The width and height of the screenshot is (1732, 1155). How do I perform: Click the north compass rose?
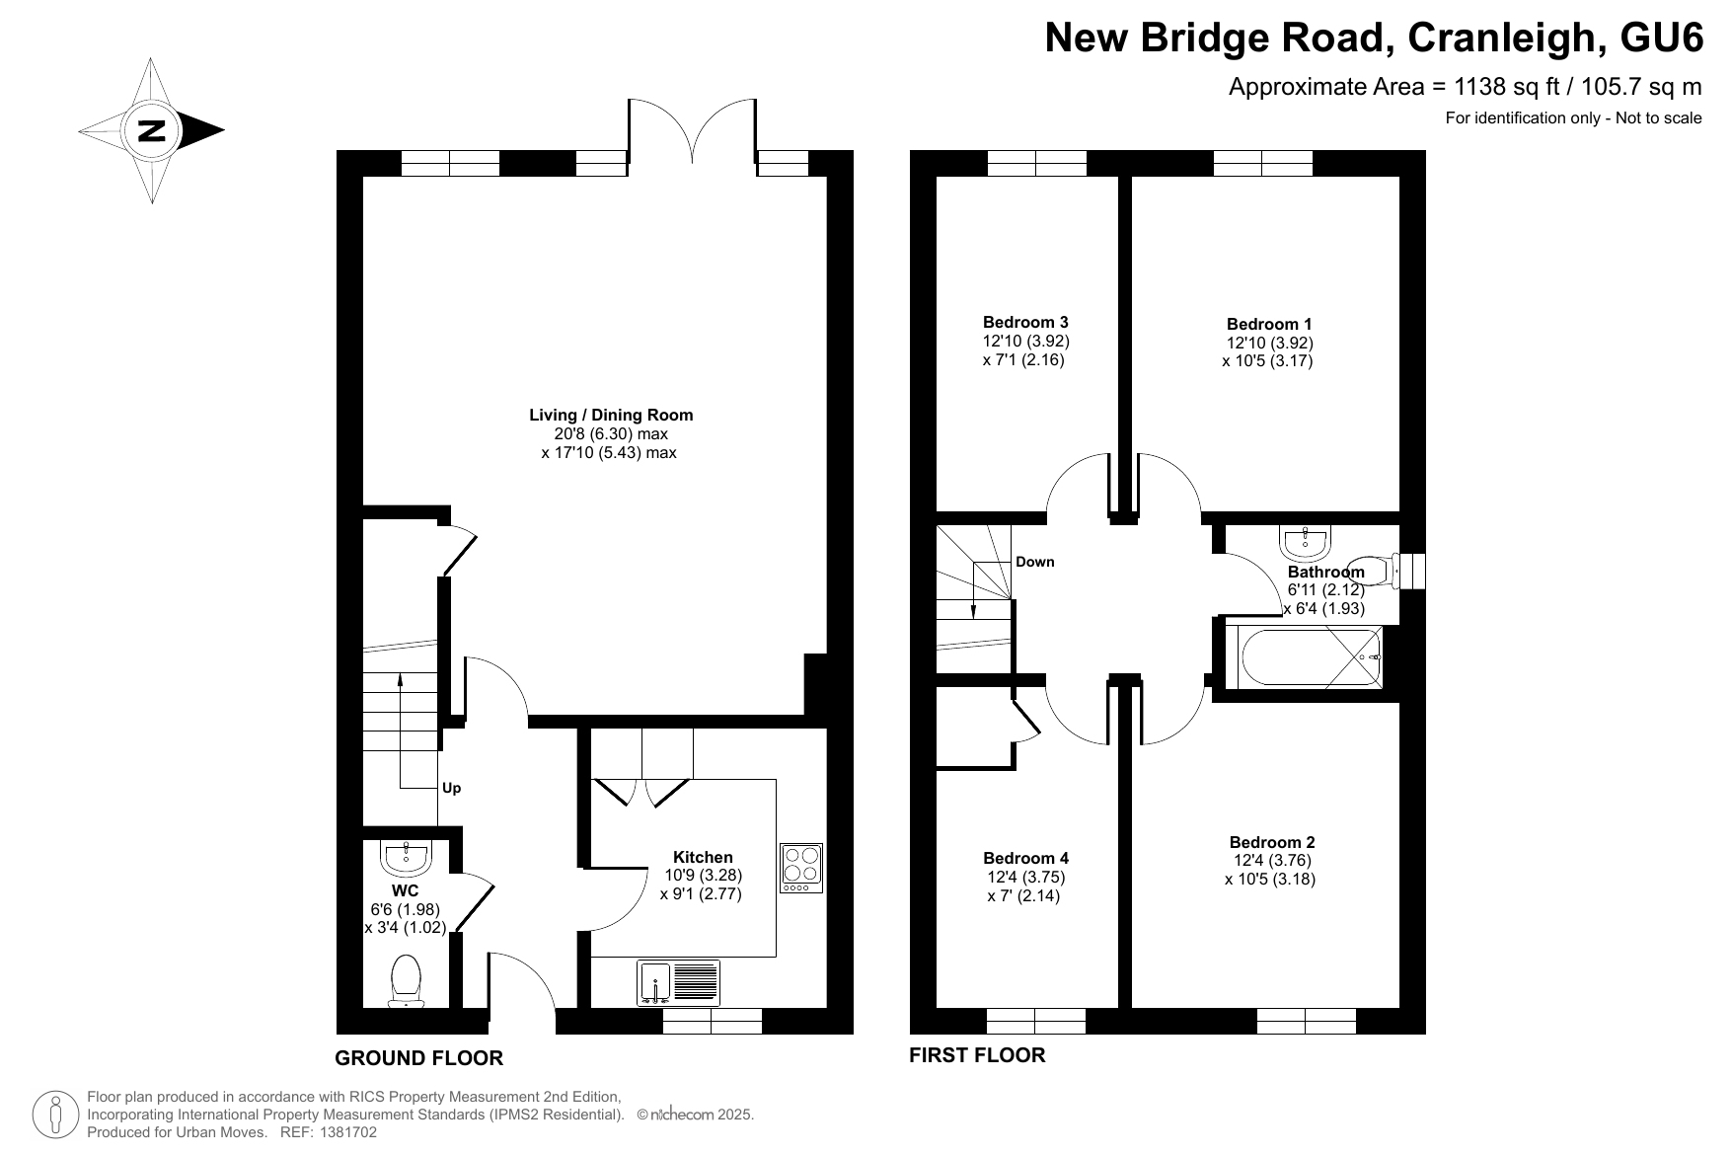151,130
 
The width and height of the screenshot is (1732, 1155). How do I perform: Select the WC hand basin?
407,857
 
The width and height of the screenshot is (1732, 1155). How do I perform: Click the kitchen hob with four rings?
801,868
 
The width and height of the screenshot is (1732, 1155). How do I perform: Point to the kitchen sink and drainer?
679,983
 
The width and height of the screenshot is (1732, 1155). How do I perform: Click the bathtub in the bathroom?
1304,657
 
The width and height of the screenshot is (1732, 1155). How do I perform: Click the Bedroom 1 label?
1269,324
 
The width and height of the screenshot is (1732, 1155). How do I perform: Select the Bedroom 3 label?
1025,322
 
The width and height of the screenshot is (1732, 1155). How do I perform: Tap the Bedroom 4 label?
1026,858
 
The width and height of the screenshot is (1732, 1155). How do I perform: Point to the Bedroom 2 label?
1272,842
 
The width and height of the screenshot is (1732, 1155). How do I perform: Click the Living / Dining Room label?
611,415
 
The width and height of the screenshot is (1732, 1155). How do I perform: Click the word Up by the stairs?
451,788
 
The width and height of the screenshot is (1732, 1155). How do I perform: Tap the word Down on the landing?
1035,562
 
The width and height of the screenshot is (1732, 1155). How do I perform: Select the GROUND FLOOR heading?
419,1058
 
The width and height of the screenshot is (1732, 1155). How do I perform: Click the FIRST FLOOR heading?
977,1055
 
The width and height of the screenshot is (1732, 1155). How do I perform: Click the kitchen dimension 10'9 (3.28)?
704,875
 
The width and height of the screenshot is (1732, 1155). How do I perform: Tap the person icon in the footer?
56,1115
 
